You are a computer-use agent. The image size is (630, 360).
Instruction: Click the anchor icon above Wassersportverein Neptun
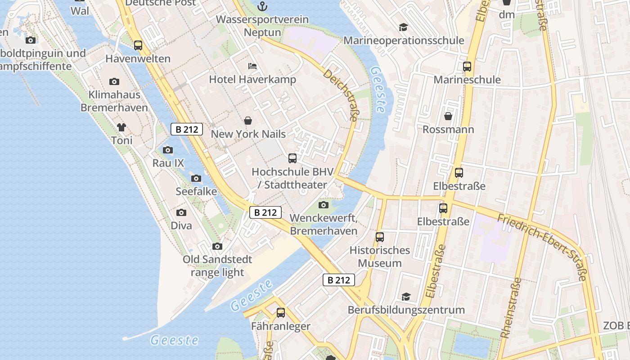[262, 6]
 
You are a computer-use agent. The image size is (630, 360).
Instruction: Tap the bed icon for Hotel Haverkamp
[252, 66]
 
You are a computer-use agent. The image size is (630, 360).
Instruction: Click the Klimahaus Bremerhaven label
[114, 101]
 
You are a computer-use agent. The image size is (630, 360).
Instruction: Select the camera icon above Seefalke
[196, 178]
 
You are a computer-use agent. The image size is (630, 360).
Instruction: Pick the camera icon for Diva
[181, 212]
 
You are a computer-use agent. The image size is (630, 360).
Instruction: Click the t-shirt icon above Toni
[121, 127]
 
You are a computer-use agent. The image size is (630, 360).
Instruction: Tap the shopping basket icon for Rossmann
[448, 117]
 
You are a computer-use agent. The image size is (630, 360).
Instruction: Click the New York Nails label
[248, 134]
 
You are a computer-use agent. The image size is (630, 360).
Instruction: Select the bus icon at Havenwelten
[138, 45]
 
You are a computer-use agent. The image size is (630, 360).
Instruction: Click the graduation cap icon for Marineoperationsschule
[403, 27]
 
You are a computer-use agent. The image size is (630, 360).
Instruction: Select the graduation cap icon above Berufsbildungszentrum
[406, 297]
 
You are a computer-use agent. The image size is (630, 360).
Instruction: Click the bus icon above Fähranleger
[281, 312]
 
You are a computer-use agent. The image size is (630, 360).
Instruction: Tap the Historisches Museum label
[380, 256]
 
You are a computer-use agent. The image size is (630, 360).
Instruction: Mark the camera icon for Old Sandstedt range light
[217, 246]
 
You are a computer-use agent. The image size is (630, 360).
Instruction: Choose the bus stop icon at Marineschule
[467, 67]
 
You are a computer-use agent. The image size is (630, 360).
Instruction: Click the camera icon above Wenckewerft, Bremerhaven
[323, 205]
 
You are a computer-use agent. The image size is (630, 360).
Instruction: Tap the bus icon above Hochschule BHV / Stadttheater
[292, 158]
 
